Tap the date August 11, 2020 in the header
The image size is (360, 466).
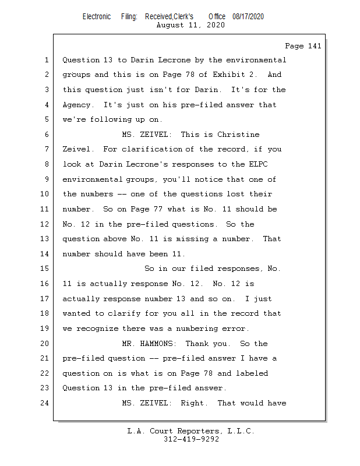pos(191,25)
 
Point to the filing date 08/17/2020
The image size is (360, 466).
pos(248,16)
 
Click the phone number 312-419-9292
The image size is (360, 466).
pos(191,439)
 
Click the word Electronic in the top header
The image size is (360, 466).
pos(97,16)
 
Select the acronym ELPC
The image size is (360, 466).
pos(273,164)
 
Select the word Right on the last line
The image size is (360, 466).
pos(193,403)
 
